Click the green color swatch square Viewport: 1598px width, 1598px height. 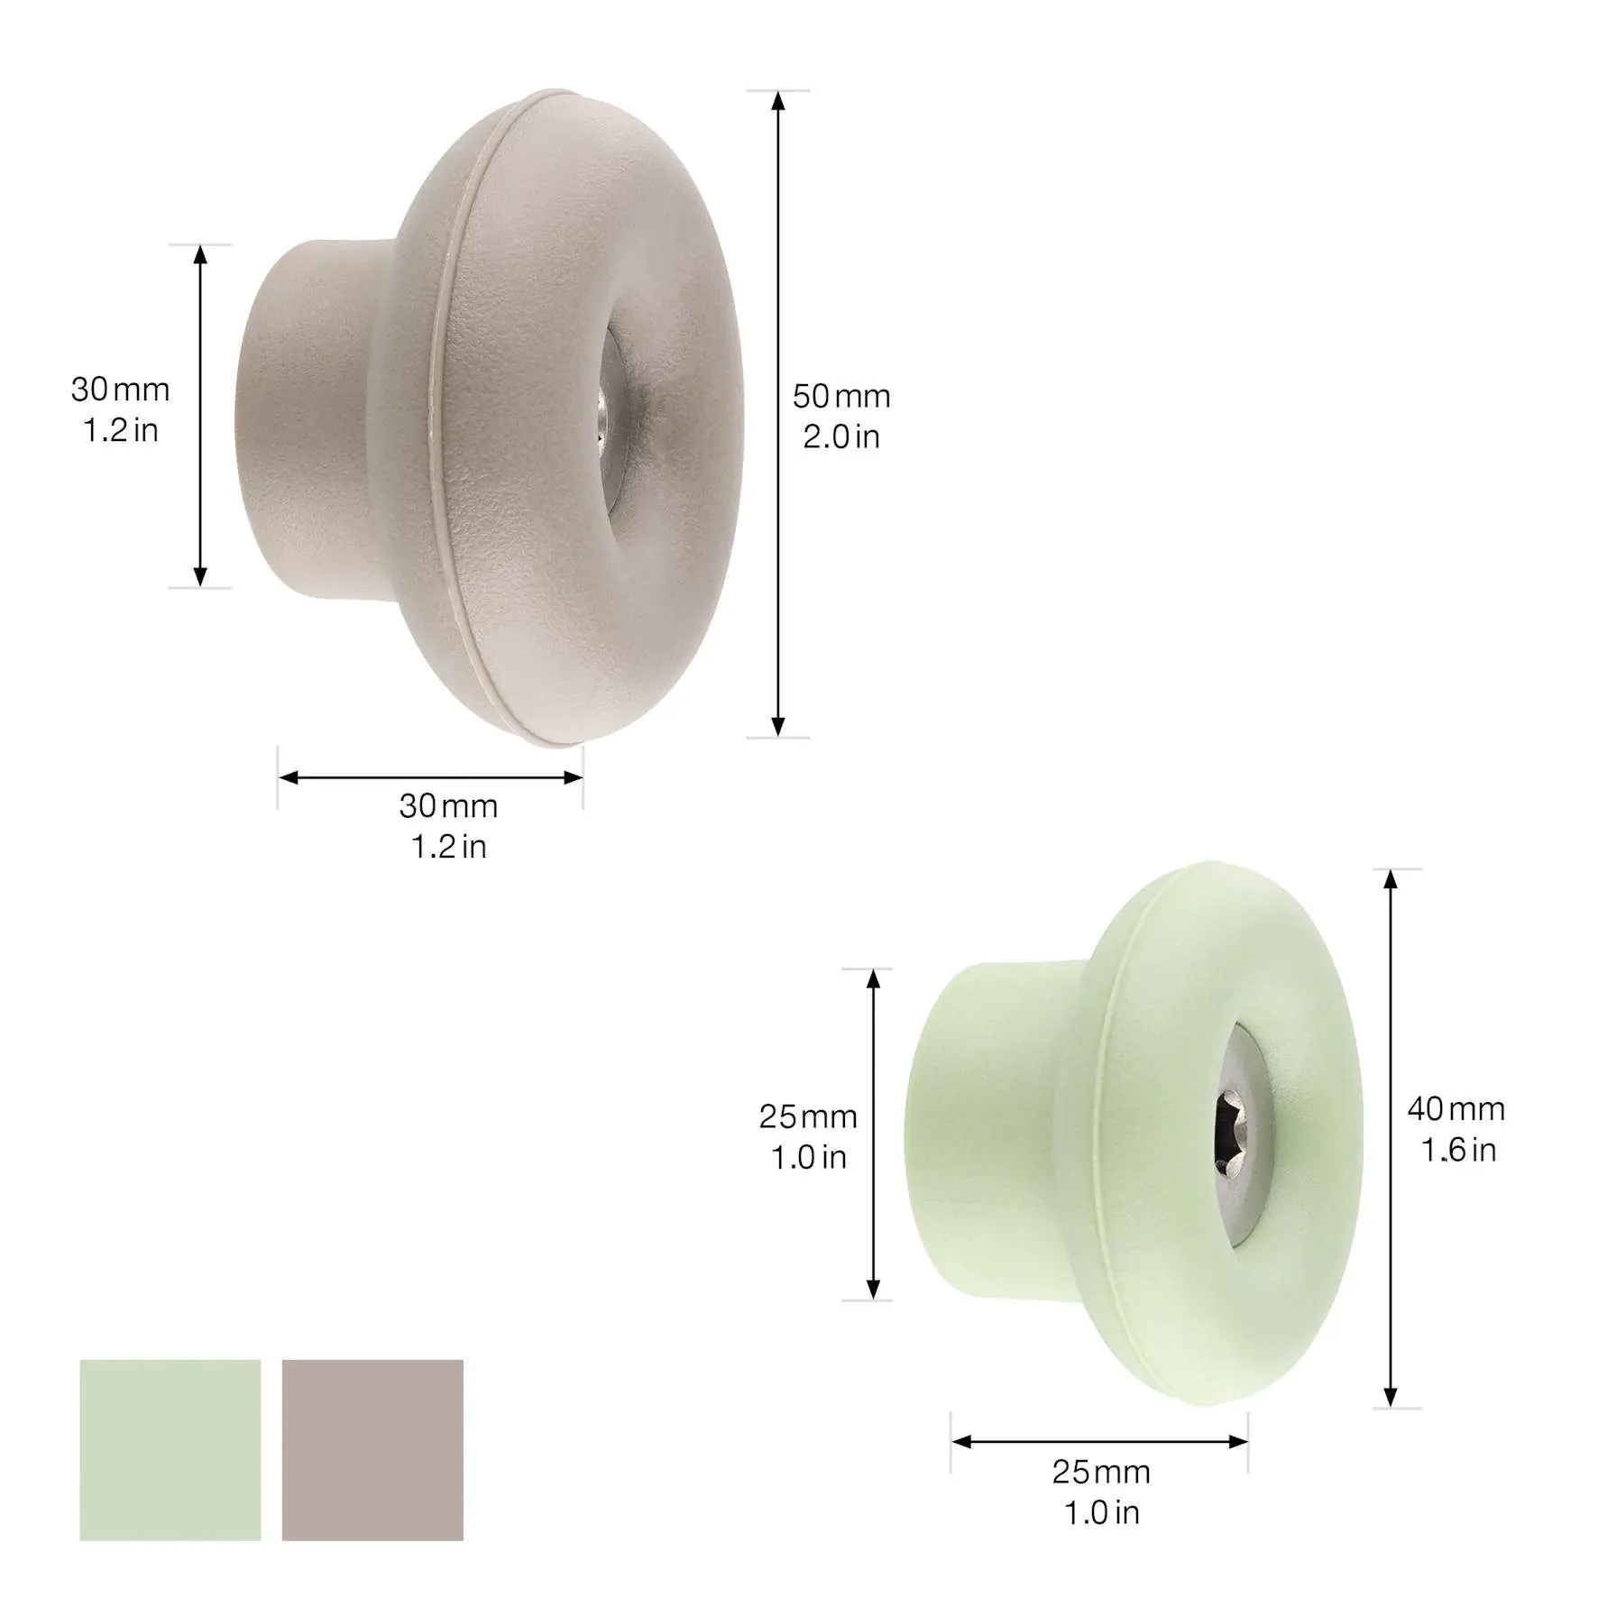[x=170, y=1449]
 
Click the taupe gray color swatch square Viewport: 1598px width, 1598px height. [x=372, y=1449]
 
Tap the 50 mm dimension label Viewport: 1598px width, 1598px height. [x=841, y=397]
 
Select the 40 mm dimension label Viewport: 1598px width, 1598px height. [x=1456, y=1109]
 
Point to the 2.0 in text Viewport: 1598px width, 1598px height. [x=841, y=437]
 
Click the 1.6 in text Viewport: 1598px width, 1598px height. [x=1458, y=1150]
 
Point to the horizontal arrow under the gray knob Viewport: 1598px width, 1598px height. [x=430, y=777]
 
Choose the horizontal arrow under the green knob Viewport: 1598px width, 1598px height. [x=1099, y=1441]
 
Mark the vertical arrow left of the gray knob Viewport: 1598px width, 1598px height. [x=200, y=416]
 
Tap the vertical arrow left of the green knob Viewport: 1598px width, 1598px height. [x=873, y=1134]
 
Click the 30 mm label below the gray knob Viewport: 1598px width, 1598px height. [x=448, y=806]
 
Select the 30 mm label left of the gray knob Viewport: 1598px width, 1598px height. [x=120, y=390]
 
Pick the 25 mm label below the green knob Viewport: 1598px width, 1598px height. [x=1100, y=1473]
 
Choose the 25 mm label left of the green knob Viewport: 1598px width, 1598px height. [x=807, y=1117]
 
